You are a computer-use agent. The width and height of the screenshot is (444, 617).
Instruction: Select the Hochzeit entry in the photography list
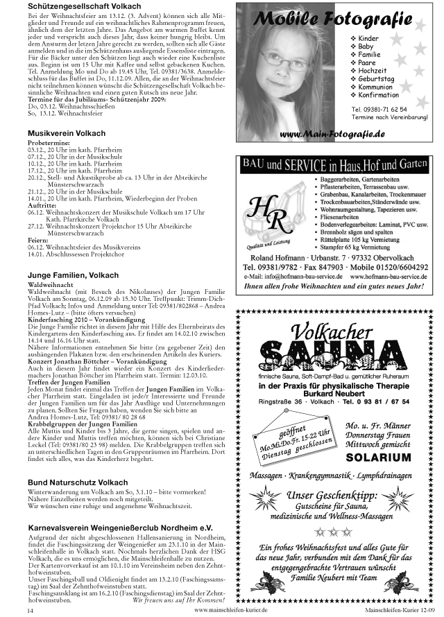click(x=373, y=71)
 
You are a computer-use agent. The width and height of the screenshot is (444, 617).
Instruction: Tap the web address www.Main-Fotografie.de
click(x=332, y=132)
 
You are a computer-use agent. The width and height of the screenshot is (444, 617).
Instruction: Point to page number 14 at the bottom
click(x=30, y=611)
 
